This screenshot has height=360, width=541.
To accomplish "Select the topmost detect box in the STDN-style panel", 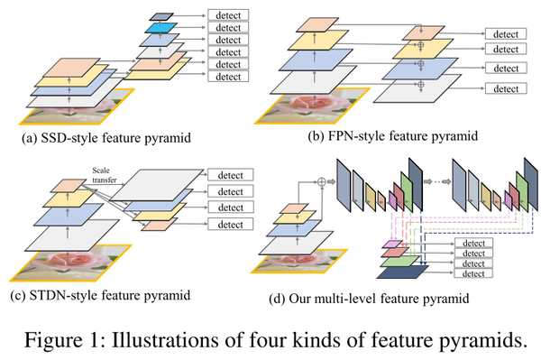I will coord(232,176).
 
